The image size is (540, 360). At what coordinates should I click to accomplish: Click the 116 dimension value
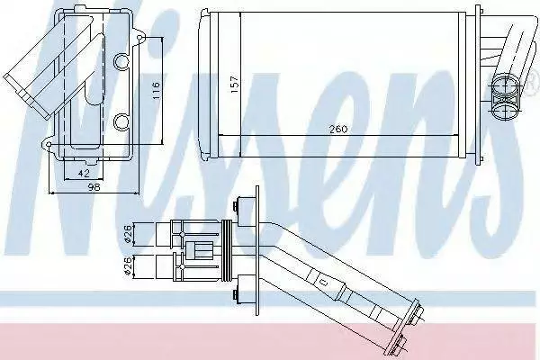click(157, 90)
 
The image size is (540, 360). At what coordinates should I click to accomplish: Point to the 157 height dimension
click(234, 84)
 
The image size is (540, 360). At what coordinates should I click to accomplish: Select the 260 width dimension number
click(338, 130)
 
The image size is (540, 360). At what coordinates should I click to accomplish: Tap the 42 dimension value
click(84, 173)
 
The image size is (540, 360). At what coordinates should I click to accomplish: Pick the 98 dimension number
click(94, 187)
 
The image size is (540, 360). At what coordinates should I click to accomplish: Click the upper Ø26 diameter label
click(127, 234)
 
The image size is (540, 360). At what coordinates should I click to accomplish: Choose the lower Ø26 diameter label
click(127, 266)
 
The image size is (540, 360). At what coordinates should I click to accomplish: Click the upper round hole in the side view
click(121, 62)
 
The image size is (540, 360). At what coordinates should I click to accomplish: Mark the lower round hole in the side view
click(121, 122)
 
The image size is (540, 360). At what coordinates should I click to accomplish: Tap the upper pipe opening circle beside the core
click(505, 85)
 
